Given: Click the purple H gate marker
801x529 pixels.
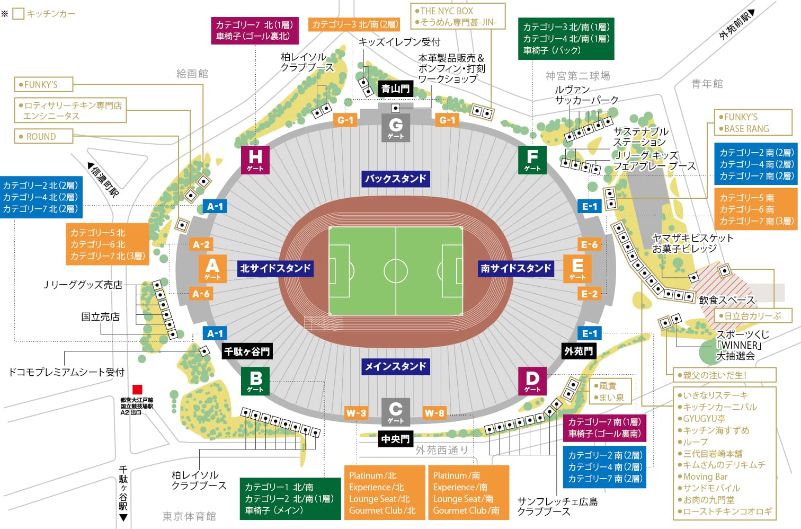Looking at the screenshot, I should [255, 160].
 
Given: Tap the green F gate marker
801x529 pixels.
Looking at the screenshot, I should [532, 160].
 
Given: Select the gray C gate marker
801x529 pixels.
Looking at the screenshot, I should [396, 412].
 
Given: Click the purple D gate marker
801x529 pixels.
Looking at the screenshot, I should [532, 381].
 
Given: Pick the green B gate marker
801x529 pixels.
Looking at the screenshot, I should [255, 381].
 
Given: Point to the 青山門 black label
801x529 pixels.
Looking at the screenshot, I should [395, 89].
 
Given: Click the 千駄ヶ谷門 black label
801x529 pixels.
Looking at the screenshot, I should [247, 351].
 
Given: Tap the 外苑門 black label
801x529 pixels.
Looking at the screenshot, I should [578, 351].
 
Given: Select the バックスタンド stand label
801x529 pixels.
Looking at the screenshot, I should [395, 179].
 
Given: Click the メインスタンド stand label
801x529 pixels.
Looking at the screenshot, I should [395, 366].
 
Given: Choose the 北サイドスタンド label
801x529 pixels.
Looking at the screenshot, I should [275, 268].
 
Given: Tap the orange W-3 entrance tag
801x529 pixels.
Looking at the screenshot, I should [356, 413].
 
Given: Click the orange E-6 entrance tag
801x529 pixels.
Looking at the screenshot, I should [589, 244].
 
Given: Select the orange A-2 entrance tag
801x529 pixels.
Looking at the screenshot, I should [201, 244].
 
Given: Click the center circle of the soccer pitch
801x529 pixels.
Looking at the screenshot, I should [396, 271].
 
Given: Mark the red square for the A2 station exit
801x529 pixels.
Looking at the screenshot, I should [137, 390].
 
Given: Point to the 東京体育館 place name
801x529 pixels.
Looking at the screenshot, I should [189, 516].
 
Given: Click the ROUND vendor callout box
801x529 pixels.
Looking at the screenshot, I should [42, 137].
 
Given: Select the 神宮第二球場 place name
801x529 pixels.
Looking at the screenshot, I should [578, 76].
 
